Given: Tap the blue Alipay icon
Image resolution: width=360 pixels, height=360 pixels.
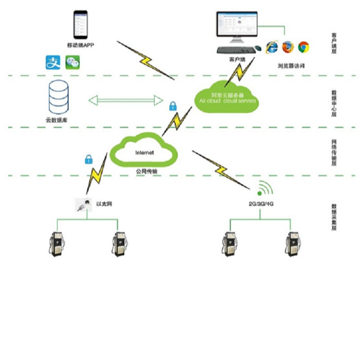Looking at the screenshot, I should click(x=53, y=62).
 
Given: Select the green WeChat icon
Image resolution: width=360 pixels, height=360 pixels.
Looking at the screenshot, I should click(x=72, y=62).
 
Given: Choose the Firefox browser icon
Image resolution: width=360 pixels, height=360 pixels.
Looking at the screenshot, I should click(x=288, y=47).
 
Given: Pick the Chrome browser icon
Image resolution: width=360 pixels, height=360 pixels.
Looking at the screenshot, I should click(x=303, y=47).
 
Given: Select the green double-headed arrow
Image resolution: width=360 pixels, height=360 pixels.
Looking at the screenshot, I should click(x=126, y=100).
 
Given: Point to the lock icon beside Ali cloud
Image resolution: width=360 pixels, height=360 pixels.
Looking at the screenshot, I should click(x=172, y=106).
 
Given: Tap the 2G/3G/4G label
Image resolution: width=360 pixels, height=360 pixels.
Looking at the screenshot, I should click(x=261, y=204).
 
